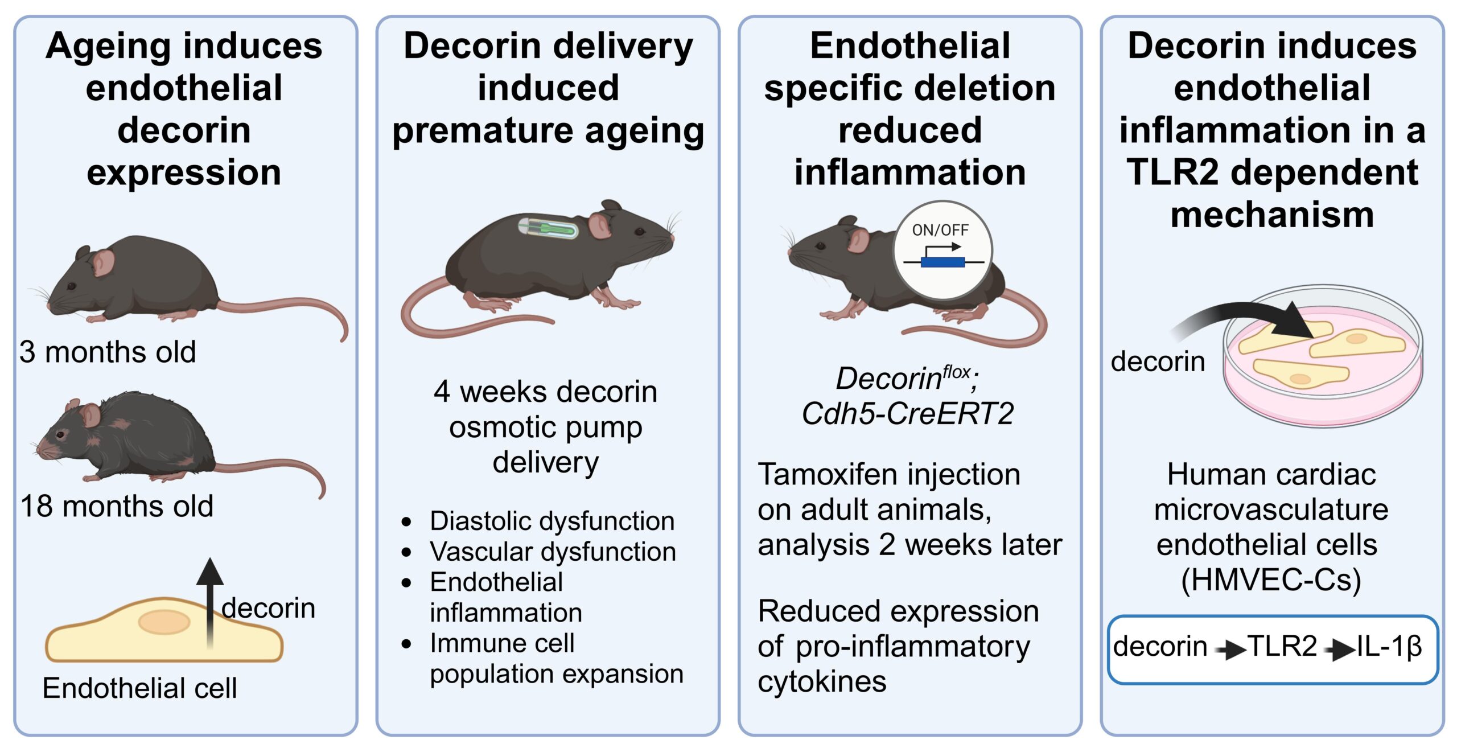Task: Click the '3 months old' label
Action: [x=108, y=352]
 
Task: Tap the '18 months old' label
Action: [x=117, y=506]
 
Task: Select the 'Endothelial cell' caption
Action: [x=139, y=688]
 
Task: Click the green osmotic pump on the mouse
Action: [x=548, y=228]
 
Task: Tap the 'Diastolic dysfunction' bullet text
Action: [x=552, y=521]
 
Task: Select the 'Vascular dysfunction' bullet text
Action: [x=553, y=552]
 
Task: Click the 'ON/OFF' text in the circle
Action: [x=940, y=230]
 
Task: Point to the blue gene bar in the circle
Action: [x=942, y=262]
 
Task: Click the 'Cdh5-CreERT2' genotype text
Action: [x=908, y=413]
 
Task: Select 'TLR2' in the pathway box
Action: [x=1282, y=646]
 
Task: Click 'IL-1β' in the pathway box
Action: [x=1389, y=646]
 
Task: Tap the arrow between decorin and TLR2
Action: [x=1229, y=650]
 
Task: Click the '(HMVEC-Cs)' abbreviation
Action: [x=1271, y=580]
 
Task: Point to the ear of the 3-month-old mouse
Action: [x=103, y=263]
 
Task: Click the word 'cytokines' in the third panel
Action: [x=822, y=681]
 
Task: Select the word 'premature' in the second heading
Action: [x=483, y=130]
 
